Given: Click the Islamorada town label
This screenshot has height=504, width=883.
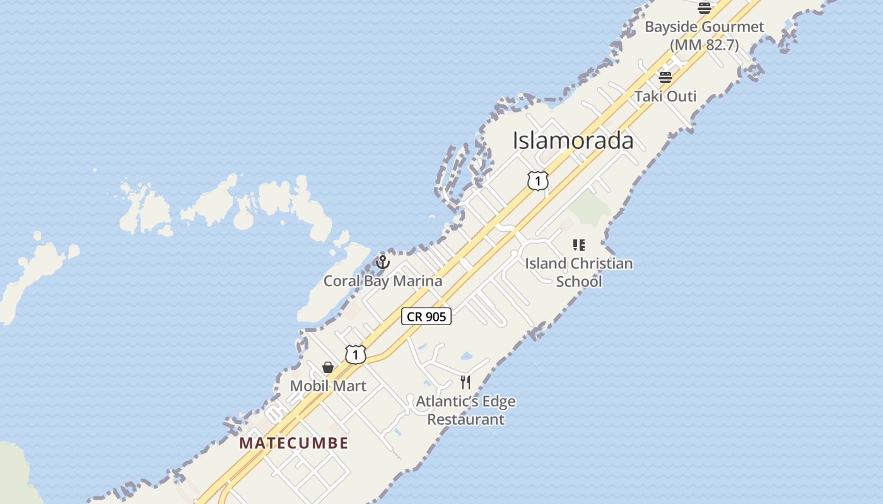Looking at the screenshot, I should click(573, 140).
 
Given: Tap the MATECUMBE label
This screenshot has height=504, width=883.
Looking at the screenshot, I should click(294, 443).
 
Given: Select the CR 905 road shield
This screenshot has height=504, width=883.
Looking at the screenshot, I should click(426, 316).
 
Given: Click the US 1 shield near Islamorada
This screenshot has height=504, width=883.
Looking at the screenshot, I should click(537, 181).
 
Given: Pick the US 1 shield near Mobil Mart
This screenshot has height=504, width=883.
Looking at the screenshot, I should click(355, 355).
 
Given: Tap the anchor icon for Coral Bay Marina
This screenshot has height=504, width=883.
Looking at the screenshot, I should click(383, 261).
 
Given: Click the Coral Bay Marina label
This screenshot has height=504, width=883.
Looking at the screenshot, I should click(383, 281).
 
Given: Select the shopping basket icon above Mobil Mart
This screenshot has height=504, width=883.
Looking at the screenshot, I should click(328, 367).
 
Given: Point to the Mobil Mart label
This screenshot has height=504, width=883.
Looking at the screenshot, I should click(328, 386).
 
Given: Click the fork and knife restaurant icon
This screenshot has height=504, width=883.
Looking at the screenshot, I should click(465, 382).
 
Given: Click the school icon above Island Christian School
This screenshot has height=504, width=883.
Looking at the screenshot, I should click(578, 244).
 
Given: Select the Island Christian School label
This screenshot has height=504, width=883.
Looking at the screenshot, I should click(579, 272).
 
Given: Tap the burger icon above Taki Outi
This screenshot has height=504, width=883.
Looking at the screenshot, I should click(665, 77).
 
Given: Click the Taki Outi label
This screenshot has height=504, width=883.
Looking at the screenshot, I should click(665, 96).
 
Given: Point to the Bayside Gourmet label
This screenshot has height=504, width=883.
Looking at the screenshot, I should click(704, 27).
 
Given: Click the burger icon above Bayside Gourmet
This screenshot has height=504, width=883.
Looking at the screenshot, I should click(705, 8).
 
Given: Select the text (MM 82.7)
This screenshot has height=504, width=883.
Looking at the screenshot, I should click(704, 45).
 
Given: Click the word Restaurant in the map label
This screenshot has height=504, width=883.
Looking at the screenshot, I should click(466, 420).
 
